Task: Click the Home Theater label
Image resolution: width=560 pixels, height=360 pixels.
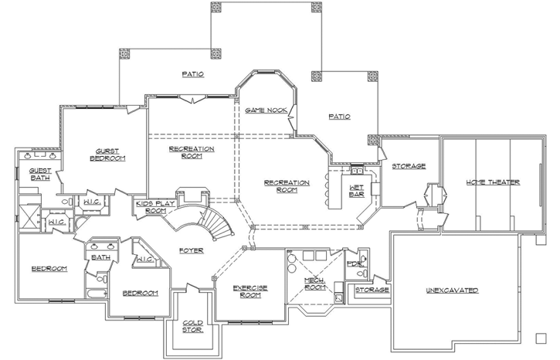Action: click(x=492, y=182)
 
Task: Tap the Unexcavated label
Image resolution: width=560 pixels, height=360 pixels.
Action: click(x=452, y=290)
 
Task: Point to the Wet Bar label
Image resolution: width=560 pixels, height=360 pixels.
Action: click(x=357, y=190)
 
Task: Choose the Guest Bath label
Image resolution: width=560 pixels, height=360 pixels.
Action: click(x=39, y=174)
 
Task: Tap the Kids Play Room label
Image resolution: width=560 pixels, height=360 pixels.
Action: click(x=151, y=207)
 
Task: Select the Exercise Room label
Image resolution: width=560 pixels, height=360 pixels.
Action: click(x=250, y=290)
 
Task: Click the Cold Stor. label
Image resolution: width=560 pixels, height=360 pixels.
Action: click(x=193, y=326)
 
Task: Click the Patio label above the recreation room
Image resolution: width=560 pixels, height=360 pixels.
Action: click(x=192, y=75)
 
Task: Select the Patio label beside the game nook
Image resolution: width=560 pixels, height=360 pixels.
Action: click(x=339, y=117)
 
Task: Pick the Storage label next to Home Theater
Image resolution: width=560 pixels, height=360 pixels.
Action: click(x=408, y=166)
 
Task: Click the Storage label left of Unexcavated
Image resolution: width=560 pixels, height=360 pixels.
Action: click(x=372, y=290)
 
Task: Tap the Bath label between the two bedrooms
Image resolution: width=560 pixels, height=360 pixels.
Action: click(x=100, y=257)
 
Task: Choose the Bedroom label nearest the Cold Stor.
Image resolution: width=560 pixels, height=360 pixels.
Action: click(x=140, y=293)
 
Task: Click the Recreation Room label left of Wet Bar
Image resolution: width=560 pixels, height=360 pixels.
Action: click(x=287, y=186)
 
